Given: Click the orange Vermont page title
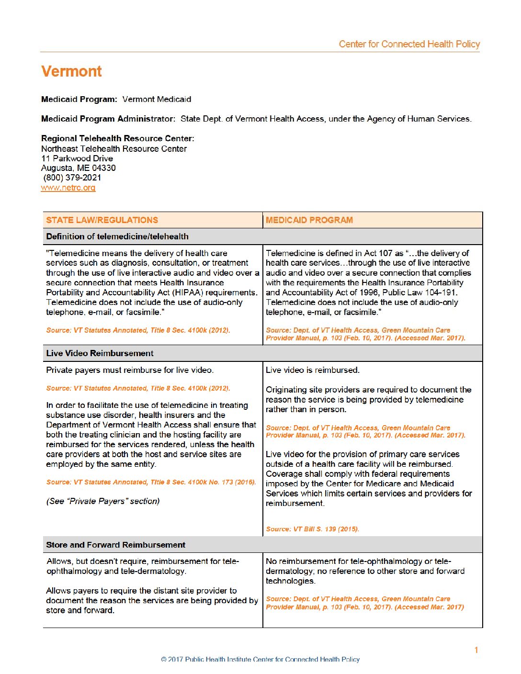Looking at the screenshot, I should (x=71, y=71).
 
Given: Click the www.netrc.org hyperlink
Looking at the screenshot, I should (x=68, y=188).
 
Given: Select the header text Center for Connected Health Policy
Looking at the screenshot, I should (x=409, y=44).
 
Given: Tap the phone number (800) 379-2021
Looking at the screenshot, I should (x=72, y=178).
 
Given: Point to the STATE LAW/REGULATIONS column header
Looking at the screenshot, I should (x=102, y=220).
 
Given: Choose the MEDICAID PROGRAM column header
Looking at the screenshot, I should (x=309, y=220).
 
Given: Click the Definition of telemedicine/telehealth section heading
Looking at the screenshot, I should (x=117, y=236).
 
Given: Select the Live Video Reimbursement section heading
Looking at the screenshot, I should (x=100, y=353).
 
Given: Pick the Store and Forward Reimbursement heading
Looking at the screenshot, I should (x=115, y=545).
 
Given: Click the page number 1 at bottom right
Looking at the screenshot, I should (x=476, y=650).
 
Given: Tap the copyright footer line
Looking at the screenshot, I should (x=260, y=659).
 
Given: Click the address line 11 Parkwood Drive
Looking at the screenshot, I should (x=77, y=158).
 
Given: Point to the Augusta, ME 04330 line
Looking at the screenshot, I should (x=79, y=168).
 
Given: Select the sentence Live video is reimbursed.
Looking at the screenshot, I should (x=312, y=370).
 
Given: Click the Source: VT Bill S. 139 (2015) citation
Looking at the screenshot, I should (x=312, y=529).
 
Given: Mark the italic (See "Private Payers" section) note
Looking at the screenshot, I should (x=103, y=501).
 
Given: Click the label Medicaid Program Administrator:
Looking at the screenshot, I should (x=108, y=119).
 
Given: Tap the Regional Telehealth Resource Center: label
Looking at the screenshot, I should (x=118, y=138).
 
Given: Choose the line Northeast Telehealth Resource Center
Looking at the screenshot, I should (x=114, y=149).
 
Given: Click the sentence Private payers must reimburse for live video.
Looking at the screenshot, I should (x=130, y=370).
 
